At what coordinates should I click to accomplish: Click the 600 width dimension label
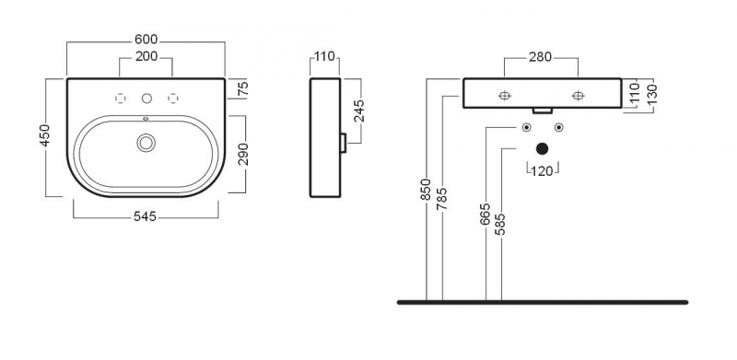(146, 40)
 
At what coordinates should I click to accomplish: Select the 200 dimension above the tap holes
(146, 57)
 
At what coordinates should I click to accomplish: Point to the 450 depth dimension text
(44, 136)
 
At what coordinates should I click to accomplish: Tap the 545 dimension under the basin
(146, 216)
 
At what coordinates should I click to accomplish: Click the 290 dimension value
(243, 154)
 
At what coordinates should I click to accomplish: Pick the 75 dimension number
(243, 88)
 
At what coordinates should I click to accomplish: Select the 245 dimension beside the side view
(359, 110)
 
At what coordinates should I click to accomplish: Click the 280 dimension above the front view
(540, 57)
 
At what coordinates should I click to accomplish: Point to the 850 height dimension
(426, 190)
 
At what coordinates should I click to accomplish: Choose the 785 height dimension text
(442, 198)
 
